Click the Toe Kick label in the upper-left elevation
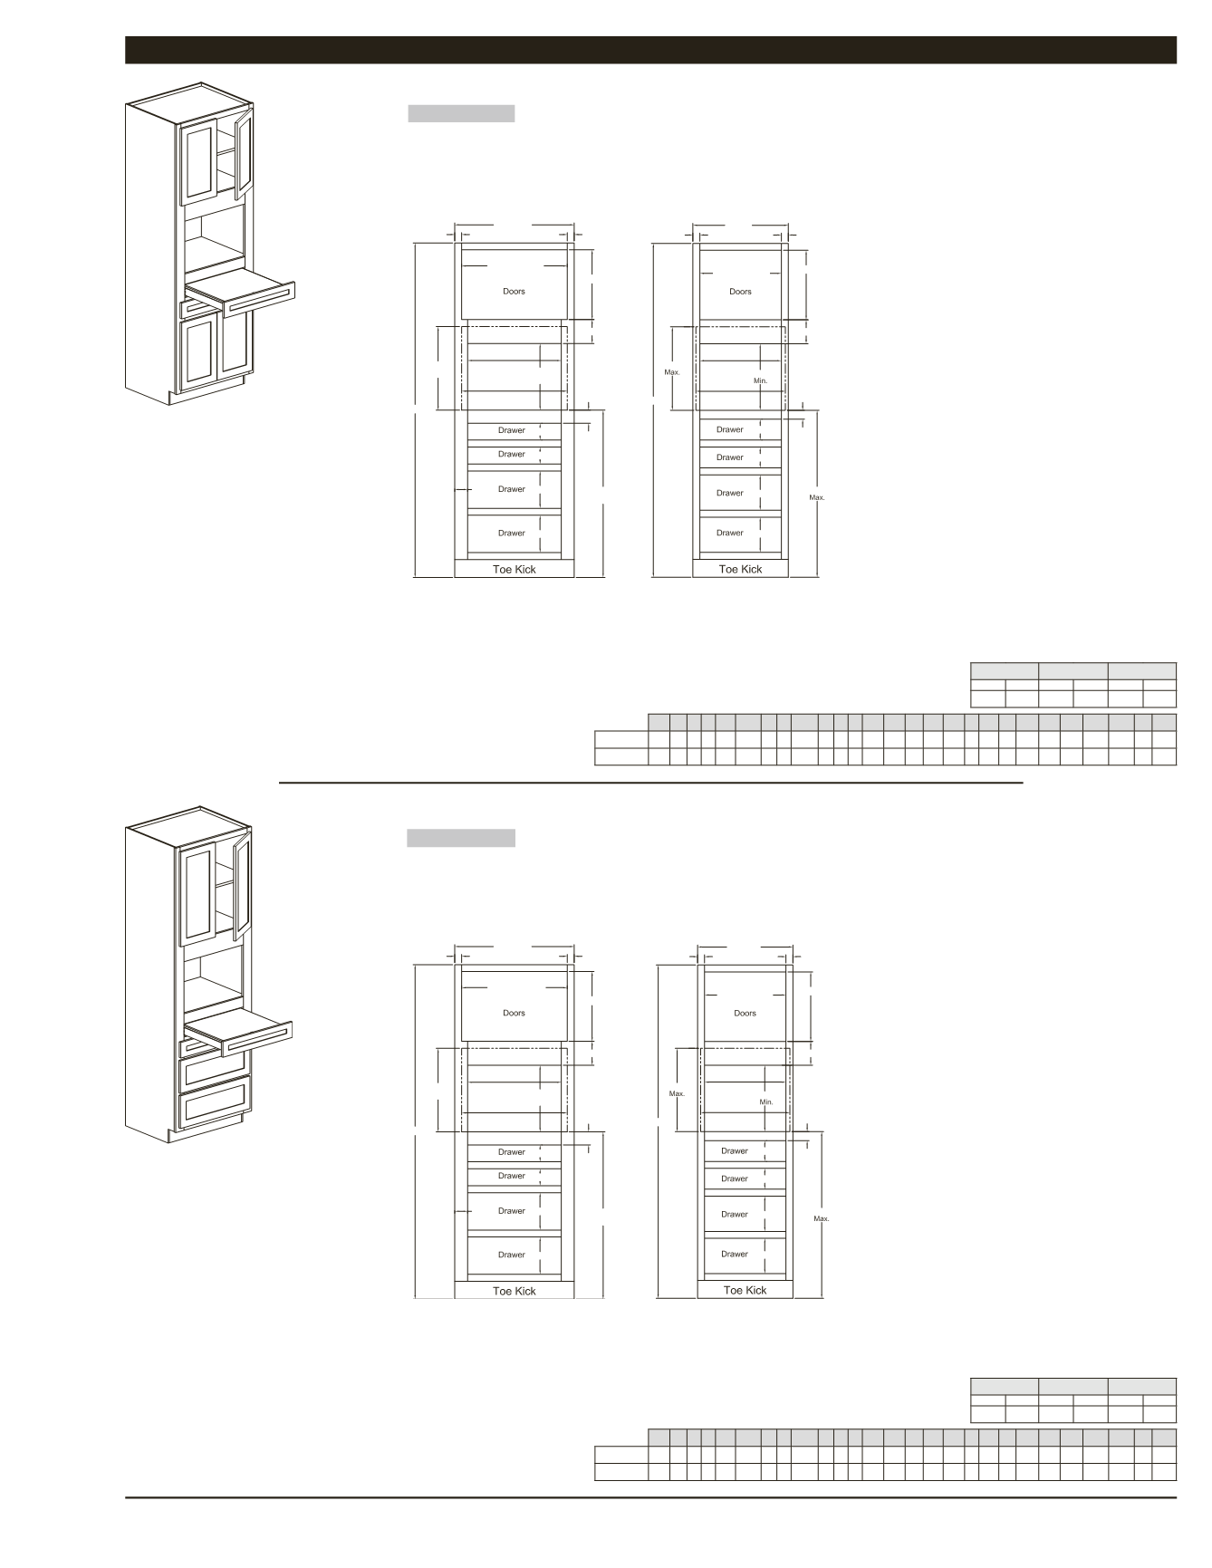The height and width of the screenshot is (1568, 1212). [514, 570]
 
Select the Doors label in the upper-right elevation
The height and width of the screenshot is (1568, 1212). [740, 292]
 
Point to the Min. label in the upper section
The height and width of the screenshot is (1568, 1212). [760, 380]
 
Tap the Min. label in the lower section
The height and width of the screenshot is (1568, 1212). [766, 1102]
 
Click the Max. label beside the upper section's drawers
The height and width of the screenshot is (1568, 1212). [817, 497]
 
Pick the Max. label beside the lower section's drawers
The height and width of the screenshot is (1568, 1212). [822, 1219]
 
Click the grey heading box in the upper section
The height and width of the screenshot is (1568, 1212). [461, 113]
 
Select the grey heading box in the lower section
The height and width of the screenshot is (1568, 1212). [461, 838]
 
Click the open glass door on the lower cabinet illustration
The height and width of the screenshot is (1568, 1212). [242, 888]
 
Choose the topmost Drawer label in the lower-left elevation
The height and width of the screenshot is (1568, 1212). [511, 1152]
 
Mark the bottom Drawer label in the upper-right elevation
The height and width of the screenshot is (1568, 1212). [730, 533]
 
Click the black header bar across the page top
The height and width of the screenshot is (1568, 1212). [650, 50]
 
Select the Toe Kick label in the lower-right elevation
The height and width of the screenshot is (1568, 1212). [745, 1291]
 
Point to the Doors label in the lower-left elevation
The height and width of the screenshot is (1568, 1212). [514, 1014]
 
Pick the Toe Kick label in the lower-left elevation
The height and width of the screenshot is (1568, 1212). [514, 1292]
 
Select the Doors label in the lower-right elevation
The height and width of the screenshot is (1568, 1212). [745, 1014]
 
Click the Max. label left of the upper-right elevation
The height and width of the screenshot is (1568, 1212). [672, 372]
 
